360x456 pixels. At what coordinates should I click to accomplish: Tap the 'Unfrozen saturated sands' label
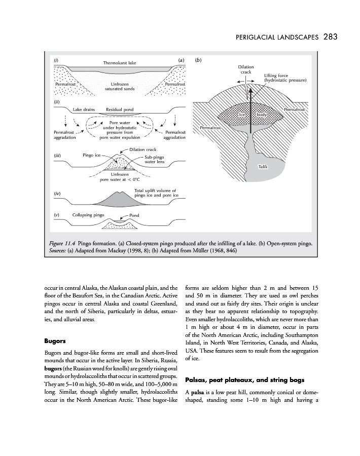[x=119, y=86]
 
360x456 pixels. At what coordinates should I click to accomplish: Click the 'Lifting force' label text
[x=276, y=75]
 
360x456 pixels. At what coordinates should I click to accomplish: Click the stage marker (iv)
[x=57, y=194]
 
